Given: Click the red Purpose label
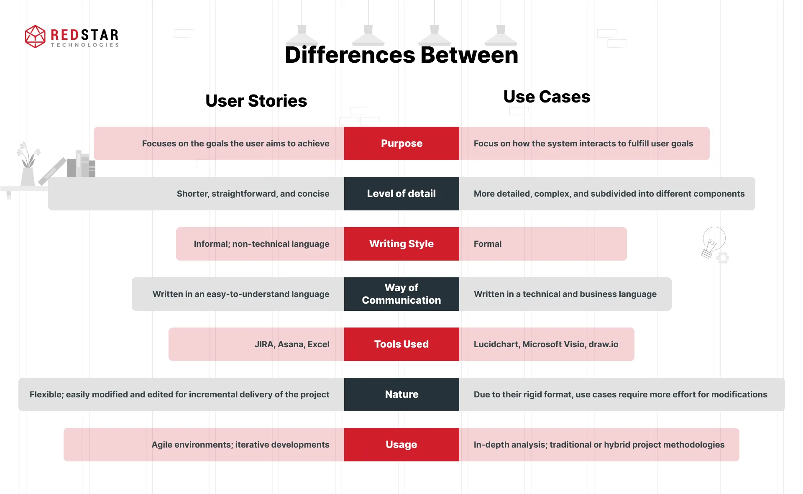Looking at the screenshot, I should pyautogui.click(x=401, y=143).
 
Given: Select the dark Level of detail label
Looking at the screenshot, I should pyautogui.click(x=401, y=194).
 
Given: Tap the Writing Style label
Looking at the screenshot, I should pyautogui.click(x=401, y=244).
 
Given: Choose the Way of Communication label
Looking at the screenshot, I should pyautogui.click(x=401, y=294).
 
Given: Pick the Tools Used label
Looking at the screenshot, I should pyautogui.click(x=401, y=344).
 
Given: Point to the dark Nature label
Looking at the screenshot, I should pyautogui.click(x=401, y=394).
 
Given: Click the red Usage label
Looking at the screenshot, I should pyautogui.click(x=401, y=445).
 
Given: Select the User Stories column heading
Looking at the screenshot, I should pyautogui.click(x=256, y=101).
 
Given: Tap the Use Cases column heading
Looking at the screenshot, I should pyautogui.click(x=547, y=97).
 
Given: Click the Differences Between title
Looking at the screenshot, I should pyautogui.click(x=401, y=55).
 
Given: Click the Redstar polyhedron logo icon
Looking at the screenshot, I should pyautogui.click(x=35, y=36).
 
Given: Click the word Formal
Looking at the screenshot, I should pyautogui.click(x=487, y=244).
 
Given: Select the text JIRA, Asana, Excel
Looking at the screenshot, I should pyautogui.click(x=292, y=344).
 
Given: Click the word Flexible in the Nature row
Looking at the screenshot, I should pyautogui.click(x=46, y=394).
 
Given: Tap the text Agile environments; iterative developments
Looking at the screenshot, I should pyautogui.click(x=240, y=445).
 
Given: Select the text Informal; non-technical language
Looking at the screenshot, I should pyautogui.click(x=261, y=244).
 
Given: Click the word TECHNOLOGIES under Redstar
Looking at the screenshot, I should pyautogui.click(x=85, y=45).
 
